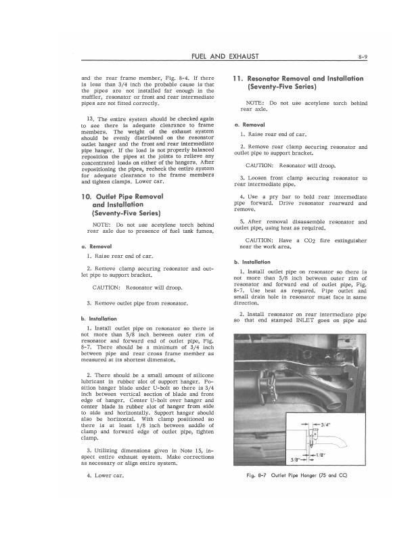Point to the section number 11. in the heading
click(x=239, y=79)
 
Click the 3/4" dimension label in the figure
click(x=324, y=424)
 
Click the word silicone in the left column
click(x=198, y=375)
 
